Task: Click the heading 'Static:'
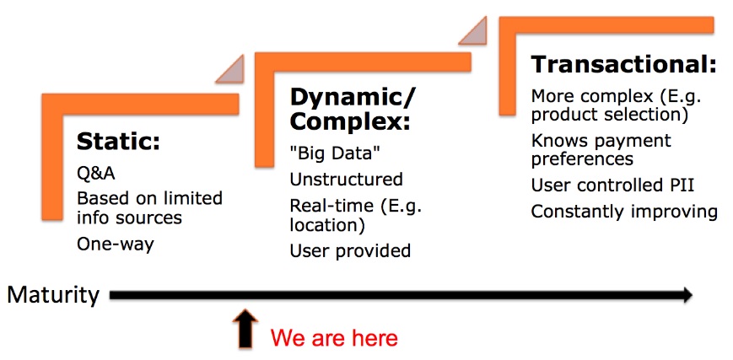pos(118,142)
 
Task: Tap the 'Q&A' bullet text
pos(96,174)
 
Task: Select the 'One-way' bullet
pos(115,244)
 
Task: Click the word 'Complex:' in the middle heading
pos(350,121)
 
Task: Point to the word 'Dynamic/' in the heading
pos(353,98)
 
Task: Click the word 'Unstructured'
pos(346,179)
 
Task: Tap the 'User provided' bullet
pos(350,251)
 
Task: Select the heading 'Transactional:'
pos(623,65)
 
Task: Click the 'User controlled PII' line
pos(612,185)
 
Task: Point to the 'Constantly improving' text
pos(624,212)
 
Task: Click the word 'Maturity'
pos(53,295)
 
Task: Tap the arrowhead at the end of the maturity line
pos(687,295)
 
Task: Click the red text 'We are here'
pos(334,337)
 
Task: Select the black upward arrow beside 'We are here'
pos(245,329)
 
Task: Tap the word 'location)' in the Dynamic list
pos(327,226)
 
